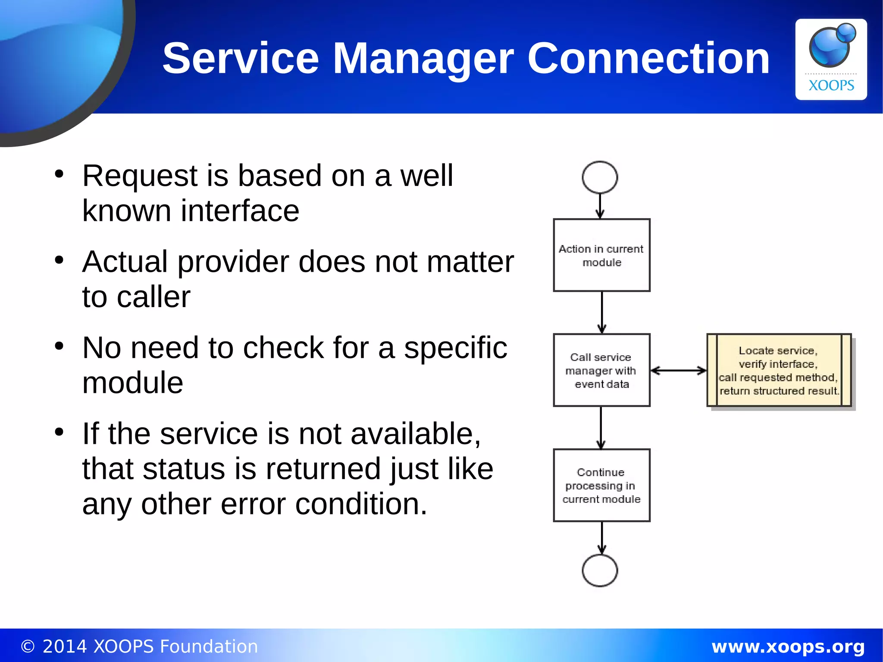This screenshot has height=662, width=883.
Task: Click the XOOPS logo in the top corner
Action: [x=831, y=59]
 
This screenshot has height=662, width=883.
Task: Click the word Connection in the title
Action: [x=648, y=58]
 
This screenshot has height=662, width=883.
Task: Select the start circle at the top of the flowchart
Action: [x=600, y=177]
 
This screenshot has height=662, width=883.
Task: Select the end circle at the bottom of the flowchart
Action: [x=600, y=571]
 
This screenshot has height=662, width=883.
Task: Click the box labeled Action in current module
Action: [x=601, y=255]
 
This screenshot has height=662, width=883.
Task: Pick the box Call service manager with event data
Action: [x=601, y=370]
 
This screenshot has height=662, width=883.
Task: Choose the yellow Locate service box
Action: [x=779, y=370]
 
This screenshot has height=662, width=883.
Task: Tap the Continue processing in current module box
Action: [x=601, y=485]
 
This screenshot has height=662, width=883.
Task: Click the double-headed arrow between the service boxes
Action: [x=678, y=370]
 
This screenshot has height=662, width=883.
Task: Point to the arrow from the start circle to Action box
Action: [x=600, y=206]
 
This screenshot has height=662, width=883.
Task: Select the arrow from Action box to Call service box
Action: [x=602, y=312]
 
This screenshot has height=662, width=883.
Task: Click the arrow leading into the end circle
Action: [x=602, y=538]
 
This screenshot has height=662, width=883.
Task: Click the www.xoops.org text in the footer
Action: [x=788, y=646]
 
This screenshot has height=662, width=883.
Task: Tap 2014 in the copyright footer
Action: [x=65, y=646]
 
